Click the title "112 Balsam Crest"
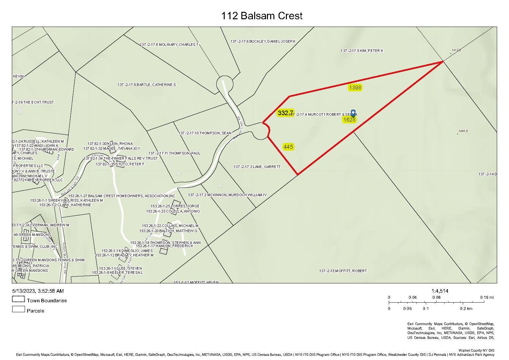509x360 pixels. tap(262, 16)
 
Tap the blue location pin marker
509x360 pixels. tap(353, 113)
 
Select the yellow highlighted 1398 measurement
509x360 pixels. tap(355, 88)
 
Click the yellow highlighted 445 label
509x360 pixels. tap(288, 147)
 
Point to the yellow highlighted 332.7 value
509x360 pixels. tap(285, 113)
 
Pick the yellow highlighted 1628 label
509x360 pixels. tap(349, 120)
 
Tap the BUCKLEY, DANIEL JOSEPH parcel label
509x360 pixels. tap(263, 41)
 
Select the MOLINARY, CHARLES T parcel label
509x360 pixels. tap(169, 45)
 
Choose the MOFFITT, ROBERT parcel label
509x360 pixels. tap(343, 271)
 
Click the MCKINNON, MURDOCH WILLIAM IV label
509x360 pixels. tap(227, 195)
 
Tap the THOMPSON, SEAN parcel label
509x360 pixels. tap(205, 133)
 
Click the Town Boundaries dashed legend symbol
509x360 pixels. tap(18, 299)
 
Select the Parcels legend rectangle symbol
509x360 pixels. tap(18, 309)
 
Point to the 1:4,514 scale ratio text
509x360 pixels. tap(440, 291)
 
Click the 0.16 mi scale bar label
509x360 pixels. tap(487, 297)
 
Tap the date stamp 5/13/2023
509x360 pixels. tap(23, 291)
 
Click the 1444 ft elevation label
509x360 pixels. tap(463, 131)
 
